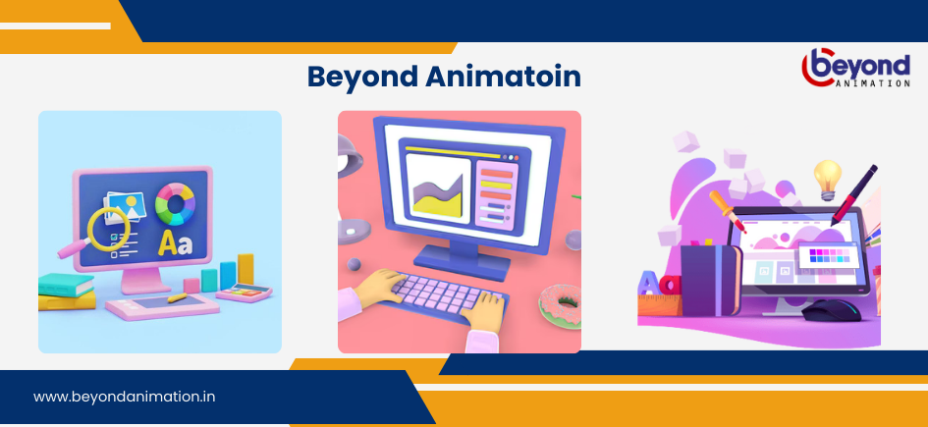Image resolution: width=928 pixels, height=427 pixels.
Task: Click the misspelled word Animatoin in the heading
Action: (x=503, y=77)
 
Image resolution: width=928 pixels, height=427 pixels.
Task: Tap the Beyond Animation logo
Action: (x=855, y=68)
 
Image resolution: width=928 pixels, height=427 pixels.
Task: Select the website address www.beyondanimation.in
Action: (x=125, y=397)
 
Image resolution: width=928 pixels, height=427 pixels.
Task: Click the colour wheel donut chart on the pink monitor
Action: (x=175, y=203)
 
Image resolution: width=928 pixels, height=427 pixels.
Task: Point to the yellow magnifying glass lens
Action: (x=108, y=229)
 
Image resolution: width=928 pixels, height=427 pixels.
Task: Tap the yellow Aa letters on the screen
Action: (x=175, y=243)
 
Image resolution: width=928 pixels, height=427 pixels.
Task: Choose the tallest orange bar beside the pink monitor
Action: (x=246, y=270)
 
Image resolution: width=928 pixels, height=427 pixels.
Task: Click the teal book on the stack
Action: (x=66, y=285)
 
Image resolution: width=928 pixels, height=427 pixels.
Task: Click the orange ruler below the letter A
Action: (x=659, y=304)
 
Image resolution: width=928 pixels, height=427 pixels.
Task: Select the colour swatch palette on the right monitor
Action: (x=829, y=255)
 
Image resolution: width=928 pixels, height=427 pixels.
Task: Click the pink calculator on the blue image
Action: (x=244, y=293)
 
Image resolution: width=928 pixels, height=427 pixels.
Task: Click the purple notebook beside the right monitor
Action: (x=711, y=280)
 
